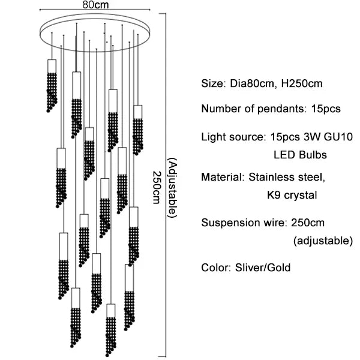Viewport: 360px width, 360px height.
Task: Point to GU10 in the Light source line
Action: (331, 137)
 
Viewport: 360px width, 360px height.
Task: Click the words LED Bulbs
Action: (300, 155)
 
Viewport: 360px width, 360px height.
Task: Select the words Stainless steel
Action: (286, 178)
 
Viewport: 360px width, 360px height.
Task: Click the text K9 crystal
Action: (292, 195)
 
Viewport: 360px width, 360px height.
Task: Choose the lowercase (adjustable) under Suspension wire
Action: (323, 241)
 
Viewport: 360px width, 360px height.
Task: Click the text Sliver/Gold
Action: (262, 267)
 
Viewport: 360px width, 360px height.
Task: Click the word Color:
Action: (215, 267)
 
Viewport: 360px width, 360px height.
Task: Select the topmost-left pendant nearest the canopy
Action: (52, 84)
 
